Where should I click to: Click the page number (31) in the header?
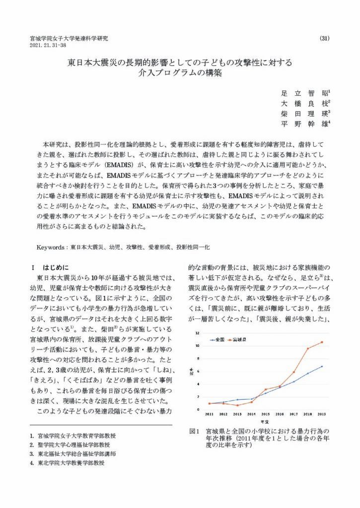pos(325,38)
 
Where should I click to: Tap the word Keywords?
pos(52,246)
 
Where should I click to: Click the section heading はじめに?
pos(58,266)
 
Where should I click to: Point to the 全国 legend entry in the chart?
pos(217,339)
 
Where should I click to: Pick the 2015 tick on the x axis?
pos(266,414)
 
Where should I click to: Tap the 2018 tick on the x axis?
pos(308,414)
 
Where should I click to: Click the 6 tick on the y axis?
pos(198,371)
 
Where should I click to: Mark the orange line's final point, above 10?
pos(322,342)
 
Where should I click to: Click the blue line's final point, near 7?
pos(322,367)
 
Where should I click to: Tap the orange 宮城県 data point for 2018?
pos(308,348)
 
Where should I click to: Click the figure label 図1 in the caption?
pos(194,431)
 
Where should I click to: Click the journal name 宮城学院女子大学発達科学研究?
pos(69,38)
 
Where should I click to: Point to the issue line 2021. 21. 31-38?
pos(48,45)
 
